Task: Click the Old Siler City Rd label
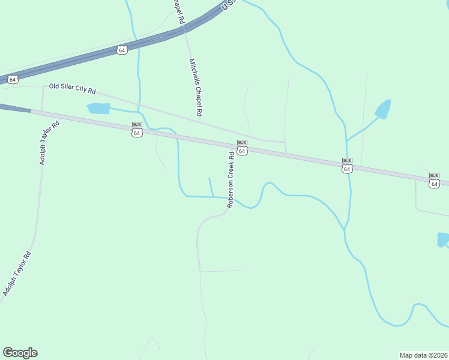(73, 89)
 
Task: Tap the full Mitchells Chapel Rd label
(196, 87)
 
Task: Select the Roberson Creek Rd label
(231, 179)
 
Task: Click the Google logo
(20, 353)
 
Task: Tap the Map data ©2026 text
(424, 355)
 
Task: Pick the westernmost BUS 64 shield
(137, 129)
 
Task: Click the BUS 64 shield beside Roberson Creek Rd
(242, 147)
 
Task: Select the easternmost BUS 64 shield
(434, 181)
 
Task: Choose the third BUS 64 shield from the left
(347, 165)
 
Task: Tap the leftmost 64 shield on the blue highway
(13, 79)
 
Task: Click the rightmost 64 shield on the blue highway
(122, 50)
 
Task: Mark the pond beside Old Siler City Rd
(99, 109)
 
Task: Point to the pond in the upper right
(383, 109)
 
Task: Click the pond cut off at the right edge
(443, 239)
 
